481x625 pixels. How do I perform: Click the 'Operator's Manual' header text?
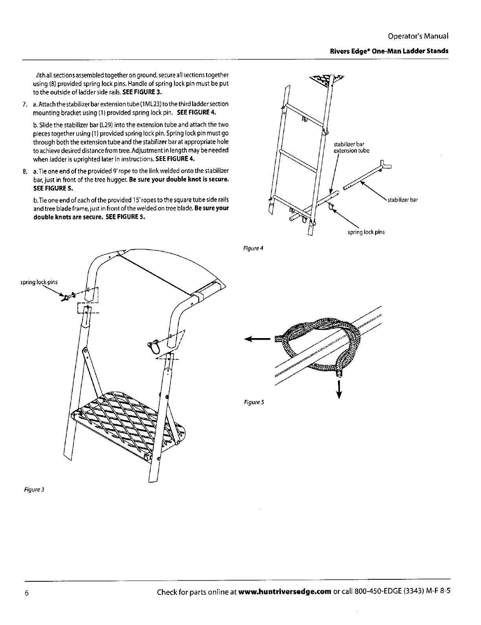(x=418, y=36)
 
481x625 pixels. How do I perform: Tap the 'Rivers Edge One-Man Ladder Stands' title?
(x=388, y=51)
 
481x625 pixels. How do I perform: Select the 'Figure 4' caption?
(x=253, y=248)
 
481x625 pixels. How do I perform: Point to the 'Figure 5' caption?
(x=253, y=402)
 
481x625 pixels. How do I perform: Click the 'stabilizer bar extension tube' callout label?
(x=351, y=148)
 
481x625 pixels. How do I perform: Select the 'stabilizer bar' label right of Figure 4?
(x=402, y=200)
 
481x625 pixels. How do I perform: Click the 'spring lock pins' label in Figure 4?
(x=366, y=232)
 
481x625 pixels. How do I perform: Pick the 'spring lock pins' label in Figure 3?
(x=39, y=282)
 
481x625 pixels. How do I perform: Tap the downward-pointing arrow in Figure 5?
(x=338, y=390)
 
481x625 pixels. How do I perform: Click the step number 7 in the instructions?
(x=24, y=104)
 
